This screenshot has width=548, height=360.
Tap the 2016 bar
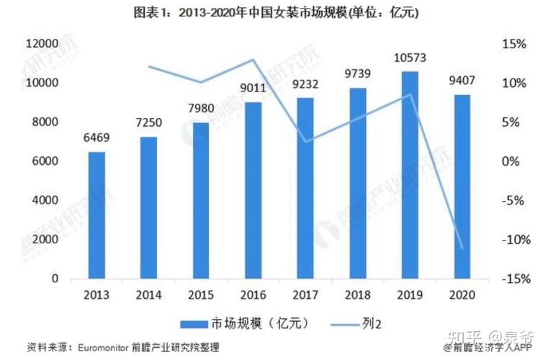pos(253,190)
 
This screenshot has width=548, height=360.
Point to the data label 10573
pos(410,58)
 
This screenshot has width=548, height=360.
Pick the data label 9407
pos(462,81)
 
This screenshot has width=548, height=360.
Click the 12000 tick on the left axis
pos(42,45)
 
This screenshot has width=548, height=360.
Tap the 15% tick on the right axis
pos(513,45)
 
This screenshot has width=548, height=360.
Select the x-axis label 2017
pos(305,294)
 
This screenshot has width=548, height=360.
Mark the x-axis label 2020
pos(462,294)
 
